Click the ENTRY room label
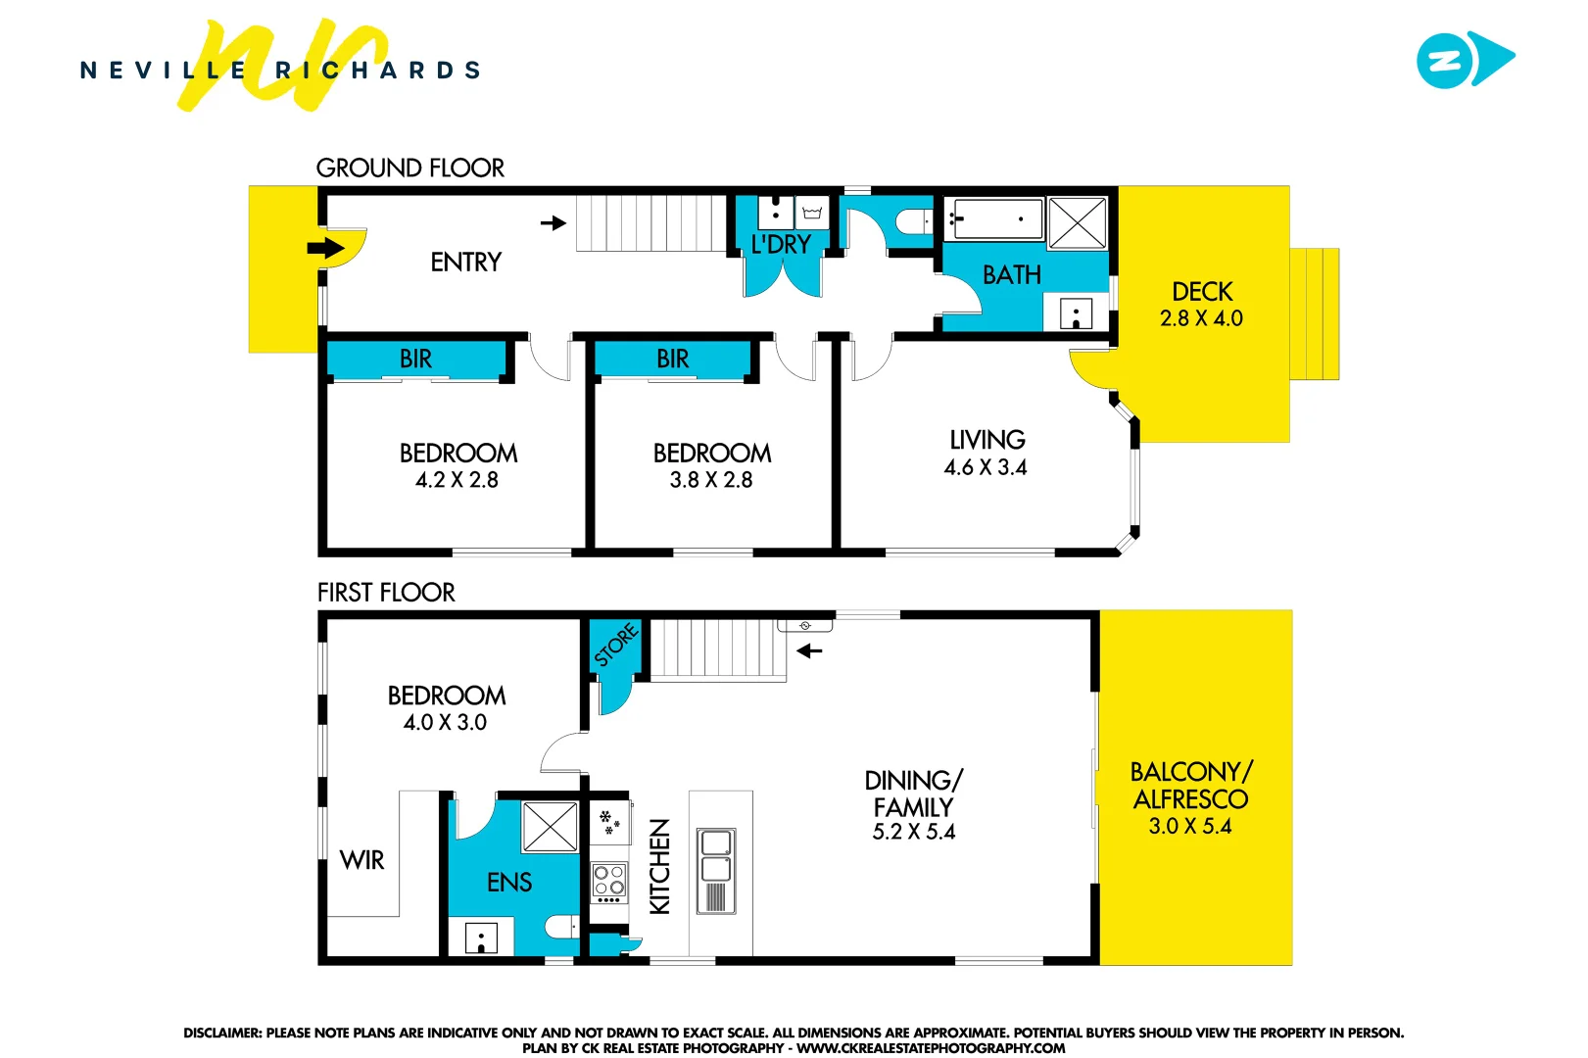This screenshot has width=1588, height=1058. pos(465,263)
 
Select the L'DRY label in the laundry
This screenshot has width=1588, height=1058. pos(781,245)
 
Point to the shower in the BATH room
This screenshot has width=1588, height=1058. pos(1078,222)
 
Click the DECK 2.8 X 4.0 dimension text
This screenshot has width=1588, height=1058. pos(1201,318)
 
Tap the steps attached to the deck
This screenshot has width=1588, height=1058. pos(1314,313)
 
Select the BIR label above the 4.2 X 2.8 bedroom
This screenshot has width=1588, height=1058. pos(415,360)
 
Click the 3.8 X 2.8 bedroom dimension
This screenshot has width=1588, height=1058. pos(711,480)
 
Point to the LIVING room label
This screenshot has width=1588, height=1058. pos(986,440)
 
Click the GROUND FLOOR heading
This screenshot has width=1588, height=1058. pos(409,168)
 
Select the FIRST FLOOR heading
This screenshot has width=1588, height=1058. pos(386,593)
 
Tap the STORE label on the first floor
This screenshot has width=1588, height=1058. pos(616,646)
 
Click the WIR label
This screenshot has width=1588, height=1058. pos(361,860)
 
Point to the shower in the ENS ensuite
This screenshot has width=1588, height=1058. pos(550,827)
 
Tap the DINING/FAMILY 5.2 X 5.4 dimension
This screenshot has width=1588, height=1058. pos(913,832)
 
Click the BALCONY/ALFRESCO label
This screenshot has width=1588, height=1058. pos(1190,786)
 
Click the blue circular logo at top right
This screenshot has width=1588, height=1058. pos(1445,61)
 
